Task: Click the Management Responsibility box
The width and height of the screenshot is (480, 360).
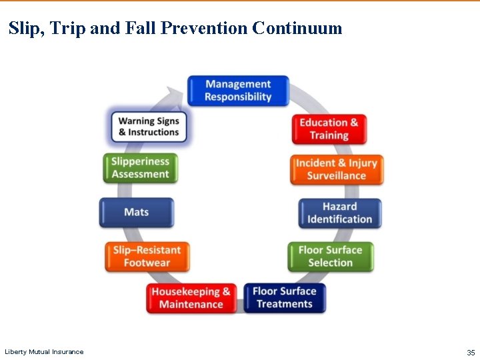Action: pyautogui.click(x=238, y=91)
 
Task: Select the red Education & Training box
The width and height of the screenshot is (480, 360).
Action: pyautogui.click(x=329, y=129)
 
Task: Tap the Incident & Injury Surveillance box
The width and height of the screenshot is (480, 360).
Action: pyautogui.click(x=337, y=169)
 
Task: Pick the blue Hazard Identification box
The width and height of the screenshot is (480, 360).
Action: pyautogui.click(x=340, y=213)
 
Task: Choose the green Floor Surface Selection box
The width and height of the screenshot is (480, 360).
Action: pyautogui.click(x=330, y=257)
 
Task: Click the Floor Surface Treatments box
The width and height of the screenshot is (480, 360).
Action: pyautogui.click(x=285, y=297)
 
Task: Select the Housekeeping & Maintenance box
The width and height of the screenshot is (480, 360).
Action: pyautogui.click(x=191, y=298)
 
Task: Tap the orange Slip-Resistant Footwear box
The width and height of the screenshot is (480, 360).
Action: pyautogui.click(x=147, y=257)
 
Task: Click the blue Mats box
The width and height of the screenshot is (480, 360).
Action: pyautogui.click(x=137, y=212)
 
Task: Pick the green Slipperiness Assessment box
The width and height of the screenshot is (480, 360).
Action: pyautogui.click(x=141, y=168)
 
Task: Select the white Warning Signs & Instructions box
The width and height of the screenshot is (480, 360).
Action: pyautogui.click(x=149, y=127)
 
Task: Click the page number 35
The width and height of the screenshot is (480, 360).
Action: pyautogui.click(x=471, y=352)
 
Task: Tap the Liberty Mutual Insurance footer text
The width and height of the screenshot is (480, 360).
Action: pyautogui.click(x=44, y=352)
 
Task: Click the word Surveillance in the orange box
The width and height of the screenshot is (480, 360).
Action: pyautogui.click(x=337, y=176)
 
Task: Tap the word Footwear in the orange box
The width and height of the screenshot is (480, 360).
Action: pyautogui.click(x=147, y=263)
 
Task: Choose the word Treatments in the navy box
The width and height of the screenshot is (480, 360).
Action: pyautogui.click(x=285, y=304)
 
